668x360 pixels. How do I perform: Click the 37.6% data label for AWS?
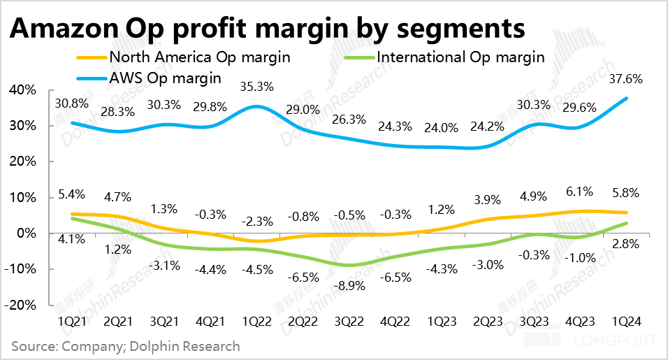627,79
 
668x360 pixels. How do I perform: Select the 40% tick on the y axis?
22,90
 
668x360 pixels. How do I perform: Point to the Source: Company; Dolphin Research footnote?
126,345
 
